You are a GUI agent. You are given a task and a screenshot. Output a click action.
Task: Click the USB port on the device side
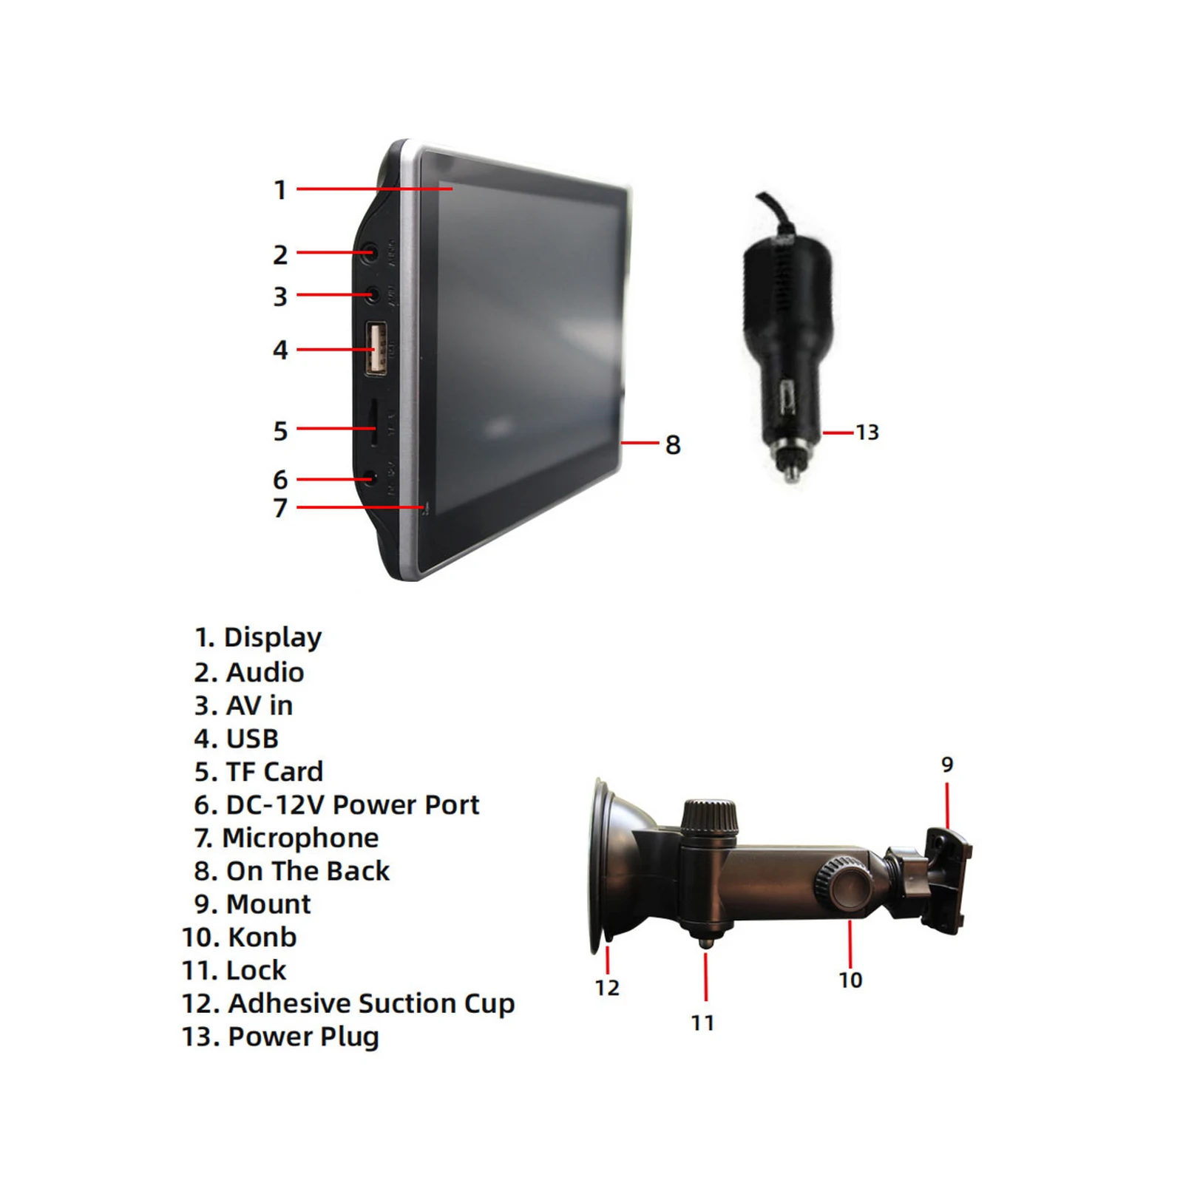[376, 348]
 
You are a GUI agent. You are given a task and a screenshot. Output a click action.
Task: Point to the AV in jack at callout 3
[376, 295]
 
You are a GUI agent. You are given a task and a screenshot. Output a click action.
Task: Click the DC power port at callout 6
[374, 478]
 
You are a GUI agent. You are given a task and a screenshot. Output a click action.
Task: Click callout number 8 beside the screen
[672, 444]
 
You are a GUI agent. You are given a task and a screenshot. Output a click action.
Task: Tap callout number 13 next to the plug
[867, 432]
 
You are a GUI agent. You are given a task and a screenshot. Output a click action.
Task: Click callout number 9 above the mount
[947, 764]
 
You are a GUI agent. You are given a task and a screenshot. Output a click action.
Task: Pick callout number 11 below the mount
[702, 1023]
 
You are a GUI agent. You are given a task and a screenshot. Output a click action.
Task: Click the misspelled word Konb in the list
[262, 937]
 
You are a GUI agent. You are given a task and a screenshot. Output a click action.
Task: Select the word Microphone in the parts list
[300, 838]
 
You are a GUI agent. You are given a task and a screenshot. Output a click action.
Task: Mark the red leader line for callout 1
[375, 189]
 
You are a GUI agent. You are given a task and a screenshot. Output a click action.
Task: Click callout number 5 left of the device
[280, 430]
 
